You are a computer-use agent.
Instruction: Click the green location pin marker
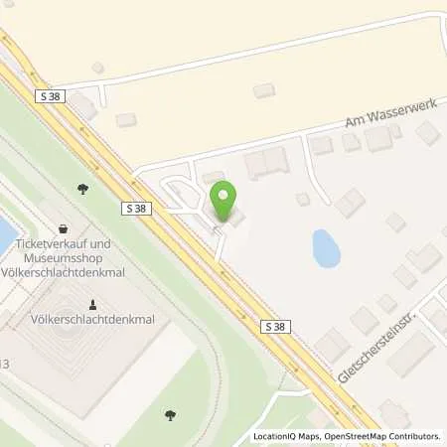point(225,201)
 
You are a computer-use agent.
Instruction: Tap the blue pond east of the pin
point(325,247)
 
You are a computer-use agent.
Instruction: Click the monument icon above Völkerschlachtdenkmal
point(92,303)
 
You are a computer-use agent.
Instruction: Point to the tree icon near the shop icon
point(82,189)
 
